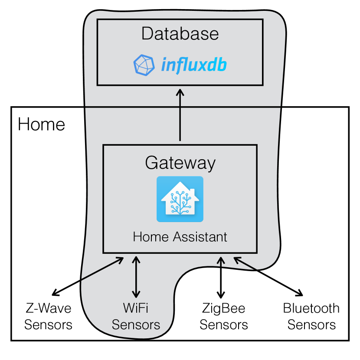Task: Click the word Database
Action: [180, 33]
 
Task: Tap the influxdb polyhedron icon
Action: [144, 65]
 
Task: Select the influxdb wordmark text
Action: [194, 65]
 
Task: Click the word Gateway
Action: [180, 163]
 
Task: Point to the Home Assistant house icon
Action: [180, 199]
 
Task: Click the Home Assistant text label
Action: [180, 237]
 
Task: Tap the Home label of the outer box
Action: [41, 124]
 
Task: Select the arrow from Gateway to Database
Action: [180, 115]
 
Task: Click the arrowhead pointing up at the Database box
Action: [180, 92]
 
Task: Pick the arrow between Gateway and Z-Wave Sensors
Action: [88, 276]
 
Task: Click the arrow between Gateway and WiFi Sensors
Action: [136, 277]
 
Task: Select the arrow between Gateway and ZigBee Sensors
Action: [221, 278]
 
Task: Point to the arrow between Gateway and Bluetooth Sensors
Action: [268, 276]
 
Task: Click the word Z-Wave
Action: [48, 308]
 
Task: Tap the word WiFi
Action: [135, 308]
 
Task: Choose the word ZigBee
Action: [223, 309]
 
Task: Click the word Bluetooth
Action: [311, 308]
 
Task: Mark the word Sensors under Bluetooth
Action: [311, 325]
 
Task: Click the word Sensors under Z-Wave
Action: [48, 325]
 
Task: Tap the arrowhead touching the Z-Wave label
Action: [56, 293]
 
